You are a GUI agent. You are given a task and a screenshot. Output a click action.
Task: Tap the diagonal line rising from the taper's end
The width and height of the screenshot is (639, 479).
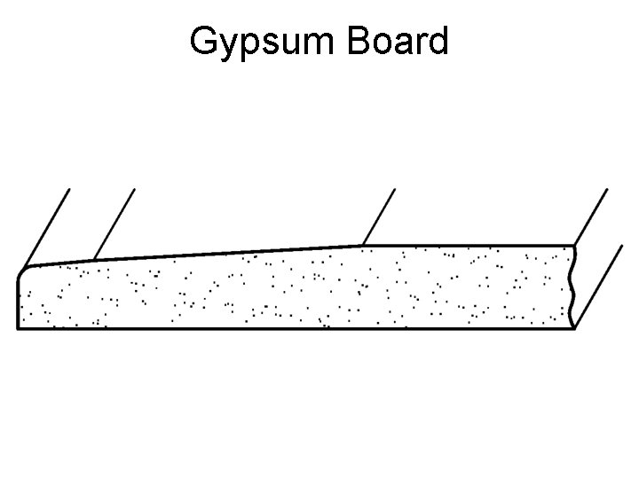pos(378,216)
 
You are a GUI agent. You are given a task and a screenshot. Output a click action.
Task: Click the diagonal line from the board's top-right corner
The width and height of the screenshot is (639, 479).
pos(591,216)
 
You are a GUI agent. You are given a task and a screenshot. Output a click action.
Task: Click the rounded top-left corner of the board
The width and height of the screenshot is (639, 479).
pos(24,270)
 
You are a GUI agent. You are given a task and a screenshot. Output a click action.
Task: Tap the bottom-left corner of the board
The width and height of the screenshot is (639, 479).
pos(19,328)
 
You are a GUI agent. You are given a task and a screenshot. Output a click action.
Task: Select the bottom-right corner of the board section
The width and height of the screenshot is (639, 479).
pos(573,328)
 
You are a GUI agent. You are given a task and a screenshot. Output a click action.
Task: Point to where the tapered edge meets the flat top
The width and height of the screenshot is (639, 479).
pos(362,244)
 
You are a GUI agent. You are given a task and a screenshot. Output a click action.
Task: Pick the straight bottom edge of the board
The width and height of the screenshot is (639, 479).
pos(293,329)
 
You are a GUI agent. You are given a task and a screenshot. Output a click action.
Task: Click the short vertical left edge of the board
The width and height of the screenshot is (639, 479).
pos(18,302)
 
